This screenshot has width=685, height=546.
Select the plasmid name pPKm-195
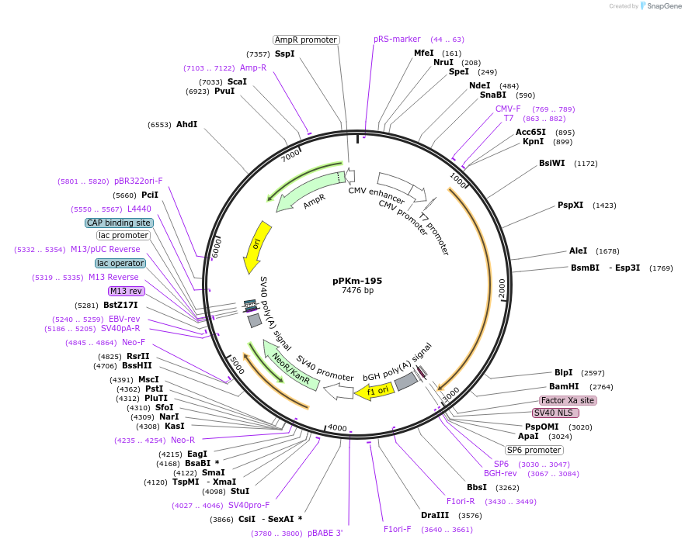(x=357, y=281)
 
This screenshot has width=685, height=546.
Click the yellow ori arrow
(x=256, y=247)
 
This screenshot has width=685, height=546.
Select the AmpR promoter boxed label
(x=306, y=40)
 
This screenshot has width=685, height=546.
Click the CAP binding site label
(x=119, y=223)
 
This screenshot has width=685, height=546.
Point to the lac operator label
(x=120, y=263)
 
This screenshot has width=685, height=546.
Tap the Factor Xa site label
(x=568, y=400)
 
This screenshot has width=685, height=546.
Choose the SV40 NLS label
(x=555, y=413)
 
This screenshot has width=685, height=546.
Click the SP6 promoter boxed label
(x=534, y=450)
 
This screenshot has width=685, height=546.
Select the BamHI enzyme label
(x=564, y=386)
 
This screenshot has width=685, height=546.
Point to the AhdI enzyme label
(x=186, y=124)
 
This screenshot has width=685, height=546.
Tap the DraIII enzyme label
(x=435, y=515)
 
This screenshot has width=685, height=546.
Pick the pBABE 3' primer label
(x=325, y=533)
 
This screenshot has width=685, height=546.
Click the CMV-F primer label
(x=508, y=109)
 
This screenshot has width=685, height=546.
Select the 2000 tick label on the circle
(x=502, y=288)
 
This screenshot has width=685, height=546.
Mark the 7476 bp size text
(x=357, y=291)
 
